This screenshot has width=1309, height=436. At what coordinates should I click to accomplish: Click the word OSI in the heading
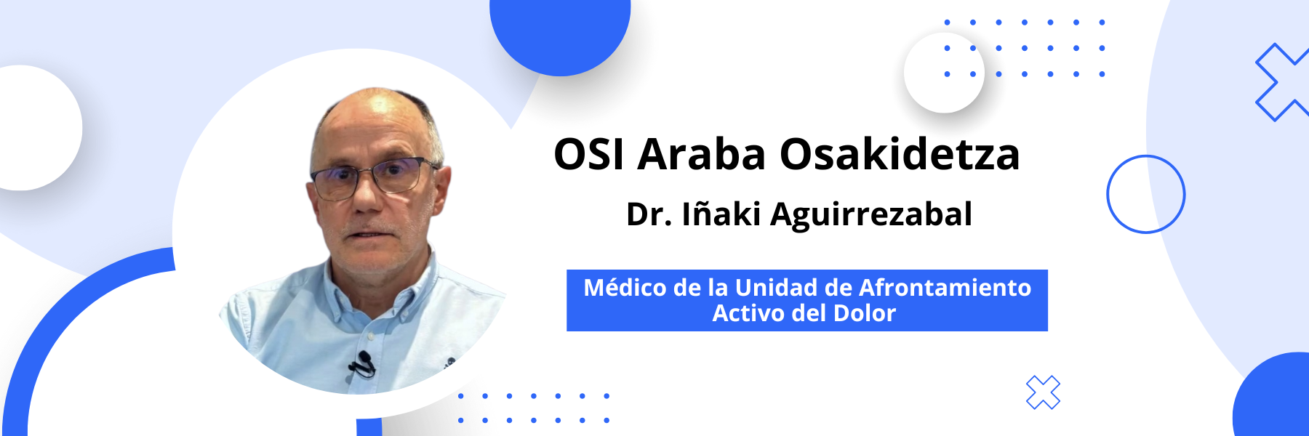pyautogui.click(x=588, y=154)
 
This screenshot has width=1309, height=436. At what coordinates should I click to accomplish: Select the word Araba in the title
pyautogui.click(x=702, y=154)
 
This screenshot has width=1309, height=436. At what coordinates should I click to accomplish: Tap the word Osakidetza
pyautogui.click(x=900, y=154)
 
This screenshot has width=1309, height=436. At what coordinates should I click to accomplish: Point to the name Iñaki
pyautogui.click(x=721, y=214)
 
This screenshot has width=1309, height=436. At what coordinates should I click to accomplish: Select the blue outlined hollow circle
pyautogui.click(x=1146, y=156)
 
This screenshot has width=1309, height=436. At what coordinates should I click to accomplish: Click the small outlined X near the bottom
pyautogui.click(x=1043, y=392)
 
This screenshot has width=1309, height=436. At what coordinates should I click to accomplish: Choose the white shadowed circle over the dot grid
pyautogui.click(x=944, y=73)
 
